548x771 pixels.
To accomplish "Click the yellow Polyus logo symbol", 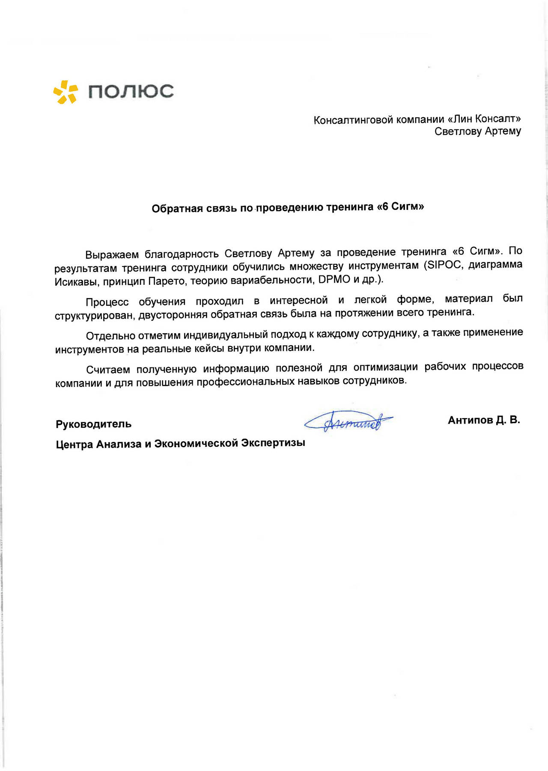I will (x=66, y=92).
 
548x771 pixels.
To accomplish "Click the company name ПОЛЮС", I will (x=131, y=91).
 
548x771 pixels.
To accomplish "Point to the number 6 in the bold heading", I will (x=385, y=206).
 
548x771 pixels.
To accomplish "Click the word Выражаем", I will (x=112, y=255).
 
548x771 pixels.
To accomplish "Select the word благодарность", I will (x=182, y=254).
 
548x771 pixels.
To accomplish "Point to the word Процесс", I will (x=107, y=302).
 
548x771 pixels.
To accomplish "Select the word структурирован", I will (x=94, y=316).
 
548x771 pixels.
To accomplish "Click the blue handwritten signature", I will (x=349, y=421).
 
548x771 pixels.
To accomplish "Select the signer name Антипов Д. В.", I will (x=484, y=420).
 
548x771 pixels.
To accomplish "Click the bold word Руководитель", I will (x=93, y=424).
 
